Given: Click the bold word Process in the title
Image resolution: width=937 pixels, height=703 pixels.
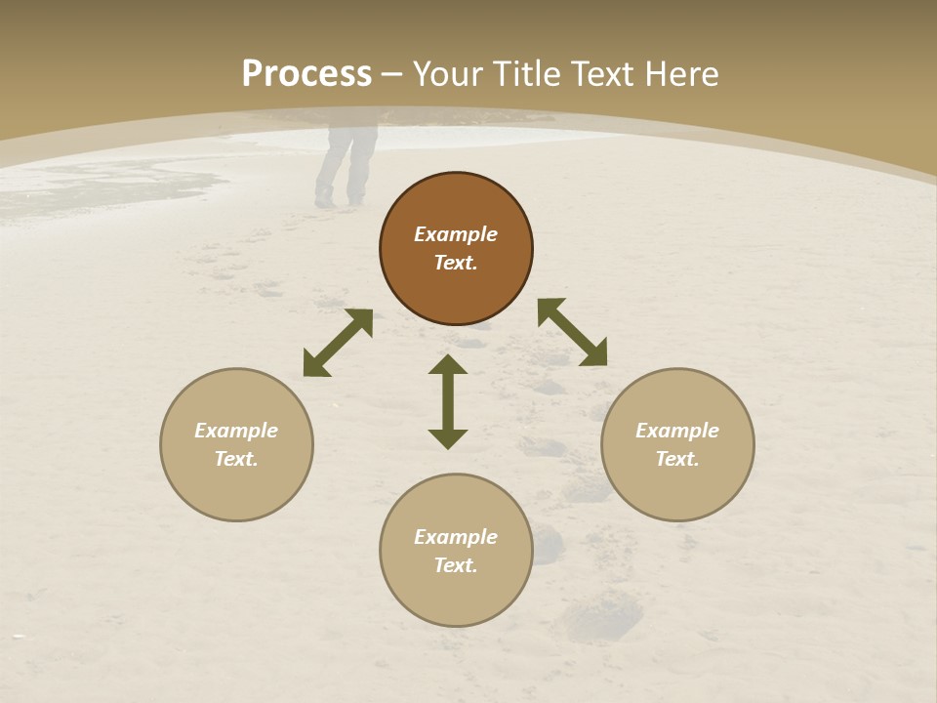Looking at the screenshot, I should (306, 74).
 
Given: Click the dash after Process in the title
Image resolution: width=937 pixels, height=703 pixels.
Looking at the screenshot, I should (391, 75).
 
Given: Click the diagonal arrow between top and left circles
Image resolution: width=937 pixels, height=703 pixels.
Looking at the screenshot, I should (338, 343).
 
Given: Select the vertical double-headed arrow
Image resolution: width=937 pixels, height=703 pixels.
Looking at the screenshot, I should (448, 401).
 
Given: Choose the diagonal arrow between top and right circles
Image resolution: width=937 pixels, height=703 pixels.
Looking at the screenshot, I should (572, 333).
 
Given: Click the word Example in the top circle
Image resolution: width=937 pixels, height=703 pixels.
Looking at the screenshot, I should (456, 234).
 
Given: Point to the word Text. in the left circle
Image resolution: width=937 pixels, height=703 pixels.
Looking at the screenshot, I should (236, 459).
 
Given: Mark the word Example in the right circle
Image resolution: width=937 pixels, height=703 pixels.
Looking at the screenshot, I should (677, 431).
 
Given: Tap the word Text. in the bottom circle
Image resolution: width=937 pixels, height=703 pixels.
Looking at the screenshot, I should (456, 565).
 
